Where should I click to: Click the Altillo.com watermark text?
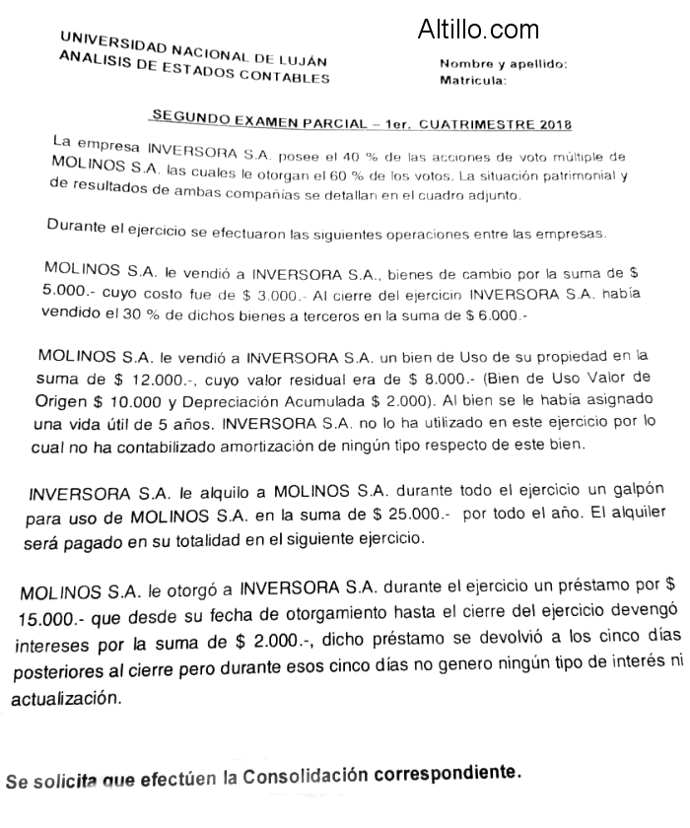click(478, 30)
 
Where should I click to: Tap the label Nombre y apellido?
click(503, 64)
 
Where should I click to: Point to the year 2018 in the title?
click(555, 125)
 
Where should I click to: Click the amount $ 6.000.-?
click(489, 316)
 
